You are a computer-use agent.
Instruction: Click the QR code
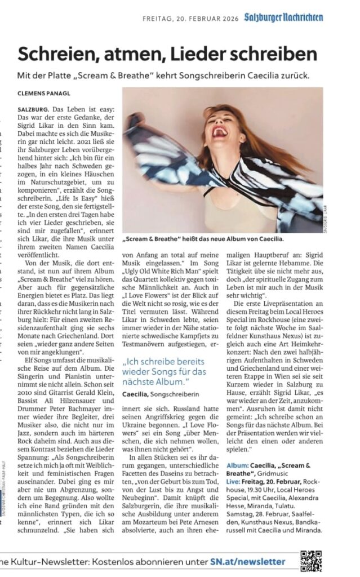click(310, 561)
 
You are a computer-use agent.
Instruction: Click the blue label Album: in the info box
click(239, 465)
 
